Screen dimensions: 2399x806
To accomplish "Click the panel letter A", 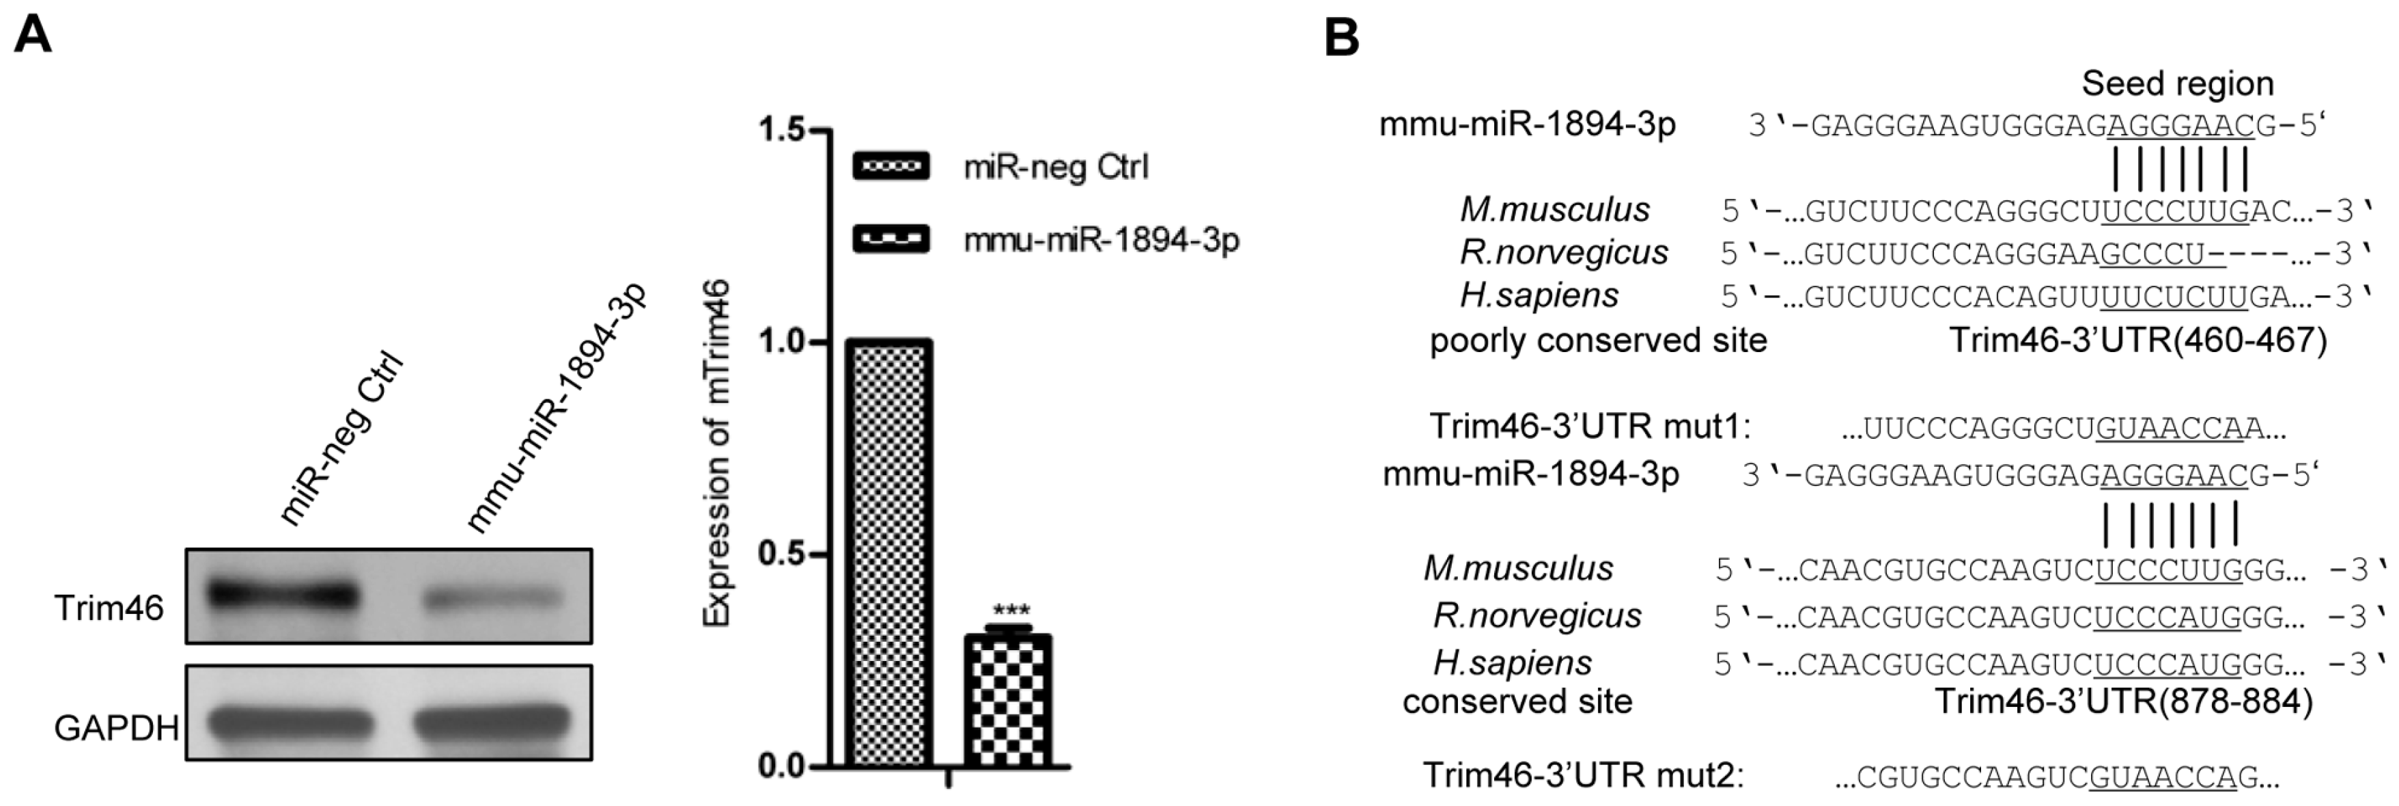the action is [33, 38].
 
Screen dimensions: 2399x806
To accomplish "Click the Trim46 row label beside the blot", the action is [109, 608].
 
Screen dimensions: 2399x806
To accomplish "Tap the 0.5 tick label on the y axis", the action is [781, 554].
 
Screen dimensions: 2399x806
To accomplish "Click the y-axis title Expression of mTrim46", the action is [716, 454].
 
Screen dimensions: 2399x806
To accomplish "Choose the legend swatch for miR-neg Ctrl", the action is [890, 167].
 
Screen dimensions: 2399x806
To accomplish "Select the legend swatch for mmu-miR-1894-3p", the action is [890, 239].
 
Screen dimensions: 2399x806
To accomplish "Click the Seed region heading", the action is [2177, 84].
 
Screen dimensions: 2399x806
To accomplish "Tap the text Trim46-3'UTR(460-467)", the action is [2138, 340].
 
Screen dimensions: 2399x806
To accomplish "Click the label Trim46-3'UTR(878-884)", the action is [2123, 701].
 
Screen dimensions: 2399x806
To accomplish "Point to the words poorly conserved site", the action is [1598, 340].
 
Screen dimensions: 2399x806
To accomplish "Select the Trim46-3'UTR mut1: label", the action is [1590, 427].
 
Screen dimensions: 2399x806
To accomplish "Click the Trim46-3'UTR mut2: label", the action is [1583, 775].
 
